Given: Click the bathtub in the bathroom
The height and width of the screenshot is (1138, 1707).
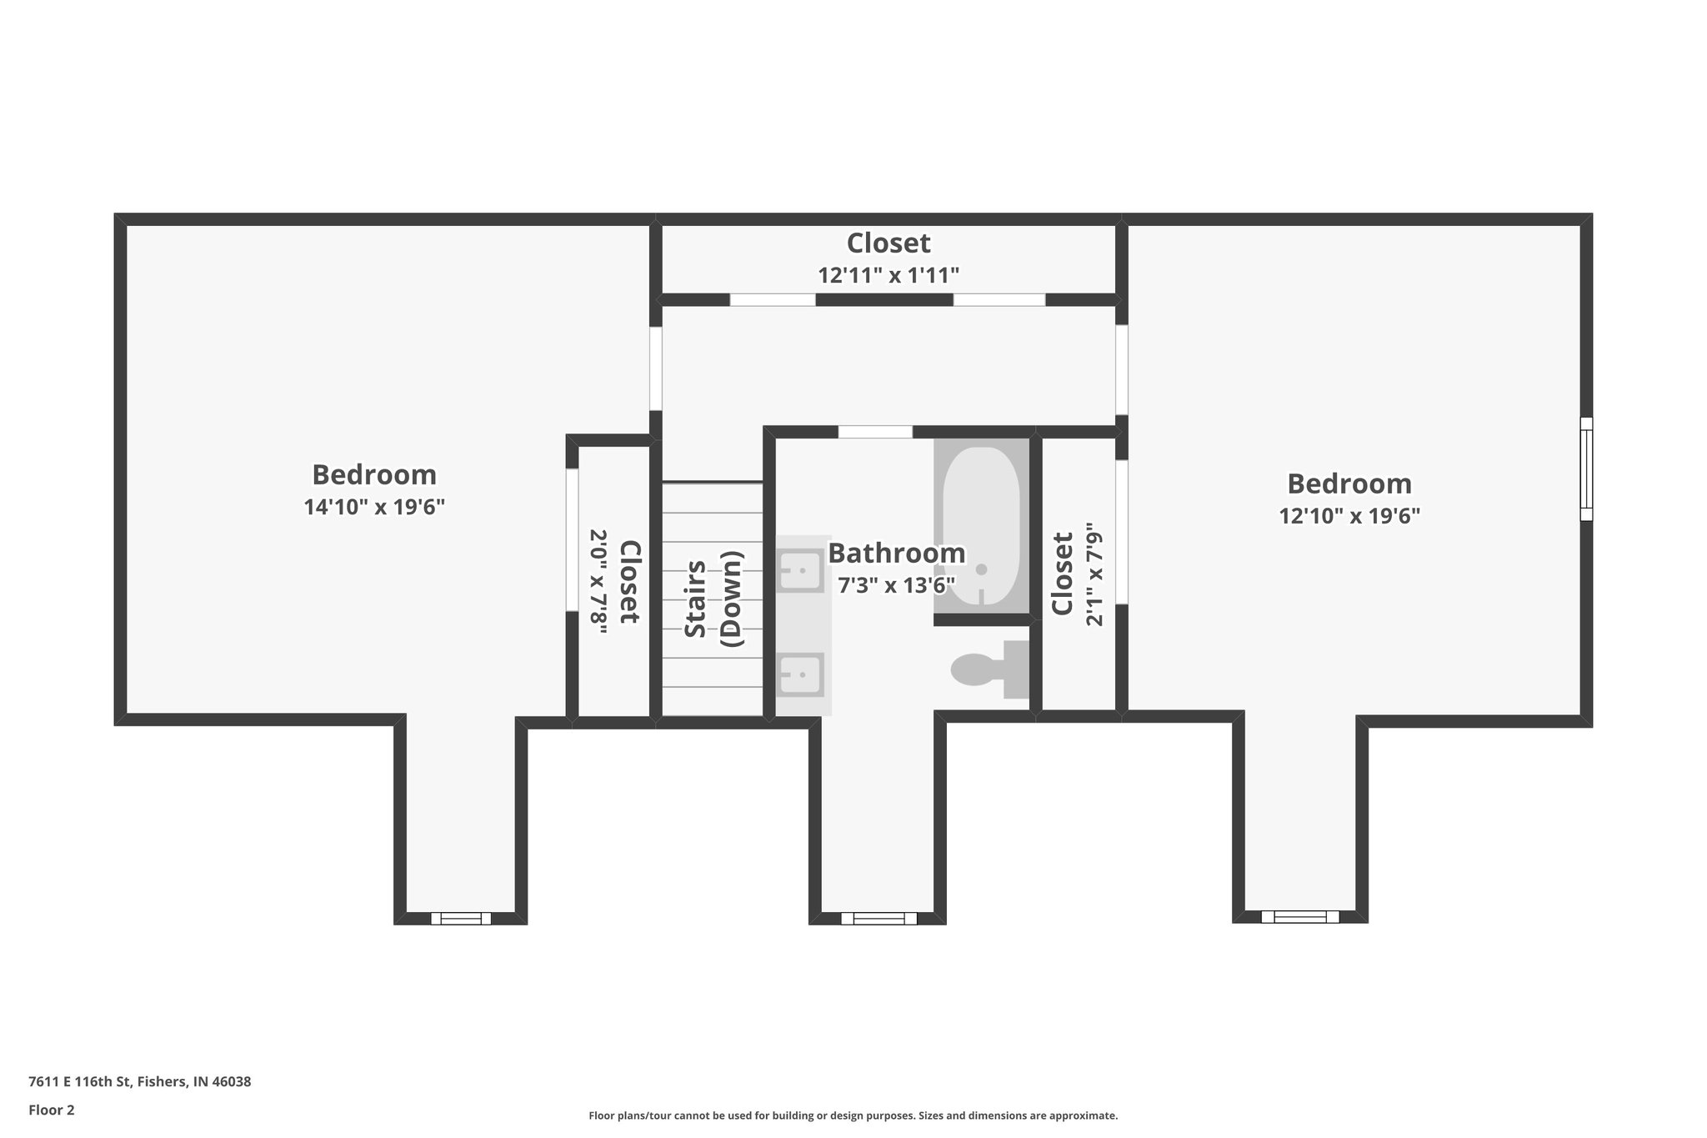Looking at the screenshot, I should coord(981,525).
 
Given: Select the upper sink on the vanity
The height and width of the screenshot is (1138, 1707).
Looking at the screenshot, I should coord(800,571).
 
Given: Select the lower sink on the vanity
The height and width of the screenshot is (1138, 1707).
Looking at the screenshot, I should coord(800,674).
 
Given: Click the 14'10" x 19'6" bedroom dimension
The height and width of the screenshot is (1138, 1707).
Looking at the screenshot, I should coord(374,507).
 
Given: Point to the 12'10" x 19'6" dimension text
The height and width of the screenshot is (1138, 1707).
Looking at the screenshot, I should coord(1349,516).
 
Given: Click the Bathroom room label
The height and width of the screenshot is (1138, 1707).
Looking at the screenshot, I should coord(896,554).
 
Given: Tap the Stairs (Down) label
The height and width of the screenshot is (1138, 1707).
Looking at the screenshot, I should coord(713,599).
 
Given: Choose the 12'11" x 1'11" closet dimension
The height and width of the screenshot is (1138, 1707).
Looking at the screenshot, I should coord(889,276).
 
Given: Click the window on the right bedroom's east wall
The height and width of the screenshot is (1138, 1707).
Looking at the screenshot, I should coord(1586,469).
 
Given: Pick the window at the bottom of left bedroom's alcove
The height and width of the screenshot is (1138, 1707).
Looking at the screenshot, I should coord(461,919).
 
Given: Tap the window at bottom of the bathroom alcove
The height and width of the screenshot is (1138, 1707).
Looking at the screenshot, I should coord(879,919).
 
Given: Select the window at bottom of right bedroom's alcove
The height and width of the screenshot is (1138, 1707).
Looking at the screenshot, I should coord(1300,917).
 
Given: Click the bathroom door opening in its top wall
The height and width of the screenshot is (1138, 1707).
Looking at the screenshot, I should coord(875,432).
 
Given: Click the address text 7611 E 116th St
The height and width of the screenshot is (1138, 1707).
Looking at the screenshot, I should coord(139,1081).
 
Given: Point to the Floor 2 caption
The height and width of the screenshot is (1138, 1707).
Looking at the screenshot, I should coord(52,1110).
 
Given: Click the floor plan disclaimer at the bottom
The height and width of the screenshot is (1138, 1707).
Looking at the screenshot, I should coord(853,1115).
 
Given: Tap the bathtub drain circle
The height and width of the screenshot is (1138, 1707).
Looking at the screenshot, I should coord(981,569).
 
